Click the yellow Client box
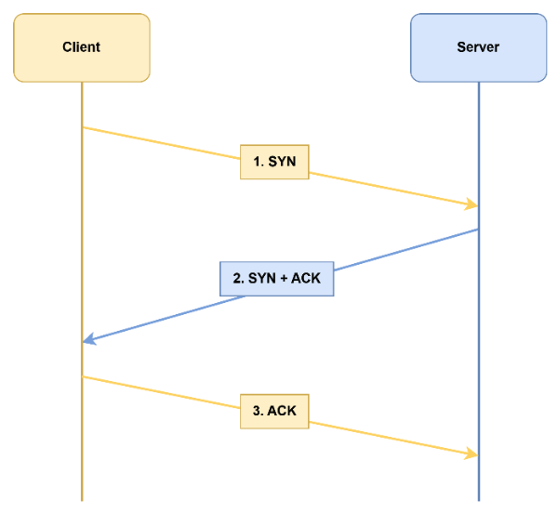[x=81, y=46]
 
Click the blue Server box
[x=478, y=46]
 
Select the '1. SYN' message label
[x=274, y=162]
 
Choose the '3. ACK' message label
[x=274, y=411]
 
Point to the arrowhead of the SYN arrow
[x=473, y=205]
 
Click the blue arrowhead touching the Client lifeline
[x=87, y=340]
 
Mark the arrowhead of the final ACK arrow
[x=473, y=454]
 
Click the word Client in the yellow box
[x=81, y=46]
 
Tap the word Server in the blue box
[x=478, y=46]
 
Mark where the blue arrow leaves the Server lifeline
[x=478, y=229]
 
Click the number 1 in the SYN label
[x=257, y=162]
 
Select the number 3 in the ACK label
[x=257, y=411]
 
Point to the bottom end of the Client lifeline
[x=82, y=500]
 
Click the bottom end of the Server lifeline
[x=478, y=500]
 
